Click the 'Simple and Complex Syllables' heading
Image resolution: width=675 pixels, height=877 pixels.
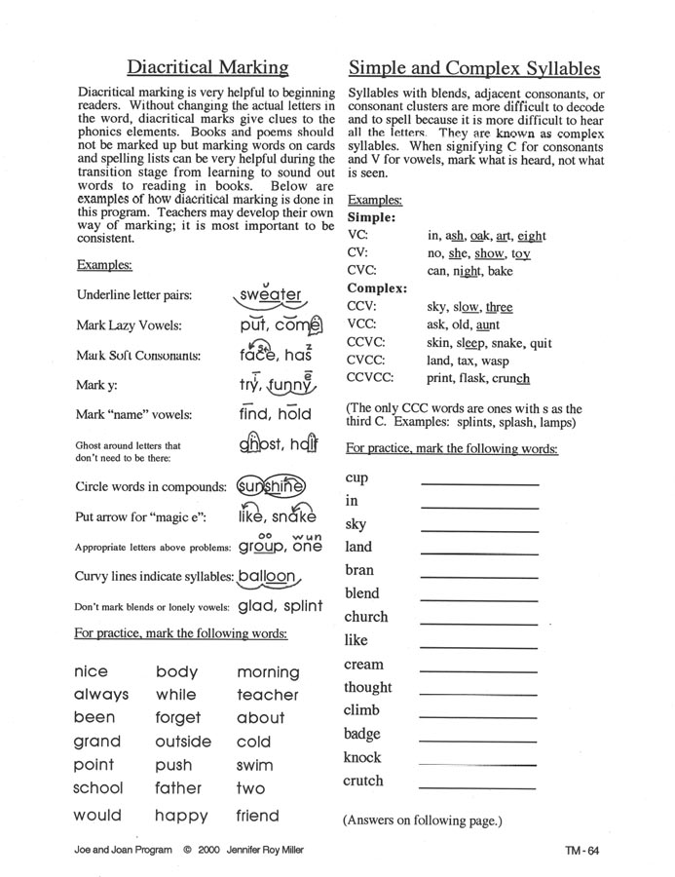coord(473,67)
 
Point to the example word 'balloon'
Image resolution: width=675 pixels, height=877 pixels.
coord(265,576)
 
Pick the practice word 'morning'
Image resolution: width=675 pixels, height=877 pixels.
coord(268,672)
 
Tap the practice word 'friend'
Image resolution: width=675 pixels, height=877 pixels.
coord(257,816)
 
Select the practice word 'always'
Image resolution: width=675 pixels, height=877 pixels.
coord(101,696)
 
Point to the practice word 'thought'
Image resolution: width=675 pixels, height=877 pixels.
coord(367,688)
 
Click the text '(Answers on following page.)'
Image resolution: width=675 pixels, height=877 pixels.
coord(422,820)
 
